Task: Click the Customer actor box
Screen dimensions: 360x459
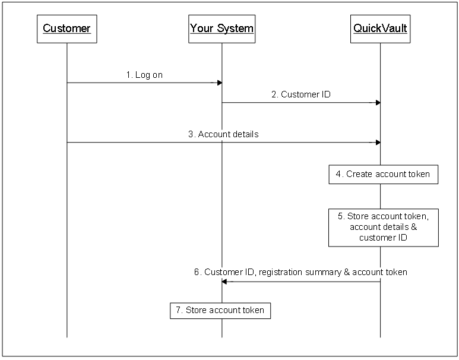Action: point(67,29)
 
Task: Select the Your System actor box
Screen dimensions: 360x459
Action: point(221,29)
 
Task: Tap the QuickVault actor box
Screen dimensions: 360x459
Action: point(380,29)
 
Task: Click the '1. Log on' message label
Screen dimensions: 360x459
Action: point(144,75)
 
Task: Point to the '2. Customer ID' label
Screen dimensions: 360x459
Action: point(301,94)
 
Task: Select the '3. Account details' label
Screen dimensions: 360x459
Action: point(223,134)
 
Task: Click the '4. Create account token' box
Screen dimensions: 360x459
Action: point(383,175)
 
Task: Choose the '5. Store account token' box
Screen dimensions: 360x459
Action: point(383,227)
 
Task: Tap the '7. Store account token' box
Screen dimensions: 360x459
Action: point(220,310)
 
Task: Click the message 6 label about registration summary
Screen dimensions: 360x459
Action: point(300,272)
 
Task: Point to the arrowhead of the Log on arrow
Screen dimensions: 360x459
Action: point(219,83)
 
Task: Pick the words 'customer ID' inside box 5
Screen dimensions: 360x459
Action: point(383,238)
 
